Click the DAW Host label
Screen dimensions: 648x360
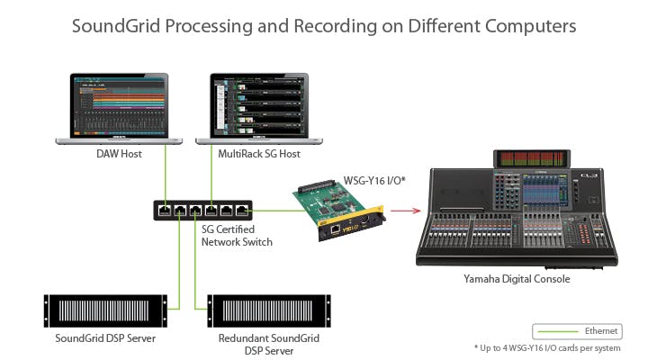(x=119, y=154)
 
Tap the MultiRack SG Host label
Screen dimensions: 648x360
(x=259, y=154)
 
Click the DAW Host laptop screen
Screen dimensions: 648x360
(x=119, y=106)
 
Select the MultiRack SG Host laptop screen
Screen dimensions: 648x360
(x=259, y=106)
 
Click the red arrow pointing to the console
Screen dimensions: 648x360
(x=406, y=211)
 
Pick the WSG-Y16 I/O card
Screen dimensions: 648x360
(x=339, y=210)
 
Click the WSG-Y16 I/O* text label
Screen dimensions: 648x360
(x=374, y=181)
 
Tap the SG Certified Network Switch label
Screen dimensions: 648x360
(x=237, y=236)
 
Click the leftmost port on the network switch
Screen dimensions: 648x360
(x=165, y=211)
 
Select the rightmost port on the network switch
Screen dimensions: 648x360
(x=242, y=211)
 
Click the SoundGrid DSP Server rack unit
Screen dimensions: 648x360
(x=105, y=310)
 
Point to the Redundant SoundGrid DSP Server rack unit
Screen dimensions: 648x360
(x=269, y=310)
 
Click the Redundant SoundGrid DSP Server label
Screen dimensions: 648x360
(x=269, y=345)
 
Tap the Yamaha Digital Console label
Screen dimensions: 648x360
(x=517, y=279)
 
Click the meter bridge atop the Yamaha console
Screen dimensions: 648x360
(x=532, y=158)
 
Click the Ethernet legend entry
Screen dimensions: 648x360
(x=577, y=331)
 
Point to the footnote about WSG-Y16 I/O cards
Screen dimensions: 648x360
(x=547, y=348)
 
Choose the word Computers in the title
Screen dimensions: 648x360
(x=531, y=27)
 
